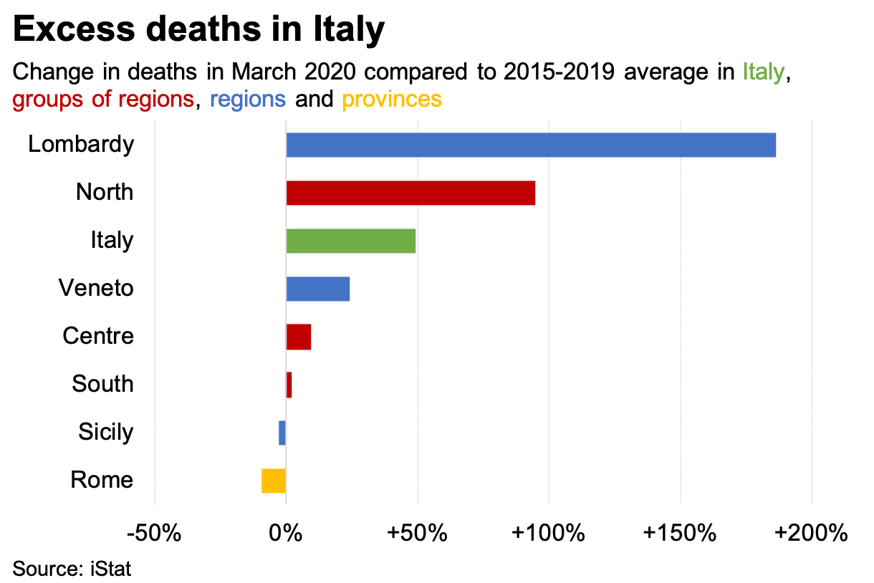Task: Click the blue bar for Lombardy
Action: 531,145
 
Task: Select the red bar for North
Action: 410,193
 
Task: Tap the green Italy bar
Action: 351,241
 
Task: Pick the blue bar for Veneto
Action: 318,289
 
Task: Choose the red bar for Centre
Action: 299,337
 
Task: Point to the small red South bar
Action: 289,385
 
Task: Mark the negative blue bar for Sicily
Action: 282,433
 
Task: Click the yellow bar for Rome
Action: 274,481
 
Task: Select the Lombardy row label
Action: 81,145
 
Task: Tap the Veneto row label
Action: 96,289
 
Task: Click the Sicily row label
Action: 106,433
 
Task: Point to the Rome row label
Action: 102,480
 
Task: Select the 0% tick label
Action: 286,534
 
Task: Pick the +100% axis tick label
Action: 547,534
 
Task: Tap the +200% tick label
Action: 811,534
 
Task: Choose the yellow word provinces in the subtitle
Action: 391,98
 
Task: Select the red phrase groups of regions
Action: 103,98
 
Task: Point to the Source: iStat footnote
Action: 72,569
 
